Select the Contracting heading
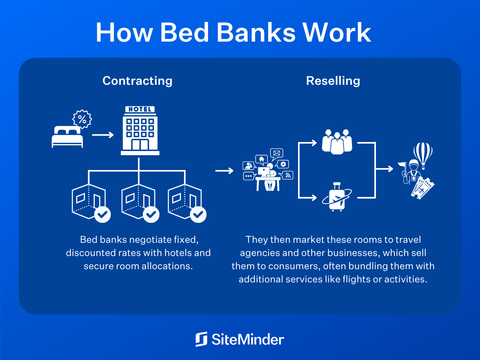click(x=137, y=81)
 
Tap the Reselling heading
click(x=333, y=81)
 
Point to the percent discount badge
click(x=82, y=119)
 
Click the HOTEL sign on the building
click(x=140, y=109)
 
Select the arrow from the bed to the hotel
click(x=103, y=135)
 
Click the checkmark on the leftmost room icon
click(x=103, y=214)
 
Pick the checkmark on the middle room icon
click(x=151, y=214)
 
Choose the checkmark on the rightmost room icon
click(x=198, y=214)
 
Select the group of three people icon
click(x=337, y=141)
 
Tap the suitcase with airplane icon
click(x=337, y=197)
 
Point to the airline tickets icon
click(x=423, y=187)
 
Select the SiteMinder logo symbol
click(x=201, y=339)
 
